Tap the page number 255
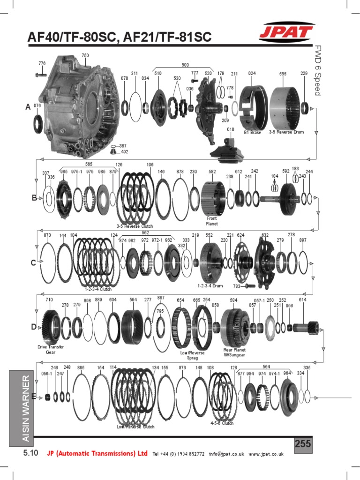click(x=303, y=444)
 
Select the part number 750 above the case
click(x=85, y=56)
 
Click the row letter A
click(x=28, y=107)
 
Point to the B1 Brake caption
click(x=252, y=133)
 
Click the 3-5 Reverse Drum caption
click(x=286, y=133)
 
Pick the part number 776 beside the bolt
click(x=42, y=63)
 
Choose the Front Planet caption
click(x=212, y=221)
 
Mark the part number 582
click(x=212, y=172)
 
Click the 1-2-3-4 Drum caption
click(x=210, y=285)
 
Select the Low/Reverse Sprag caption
click(x=193, y=355)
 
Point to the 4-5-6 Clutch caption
click(x=222, y=423)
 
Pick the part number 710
click(x=49, y=300)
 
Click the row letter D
click(x=34, y=327)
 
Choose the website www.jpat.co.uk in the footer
click(x=266, y=454)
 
